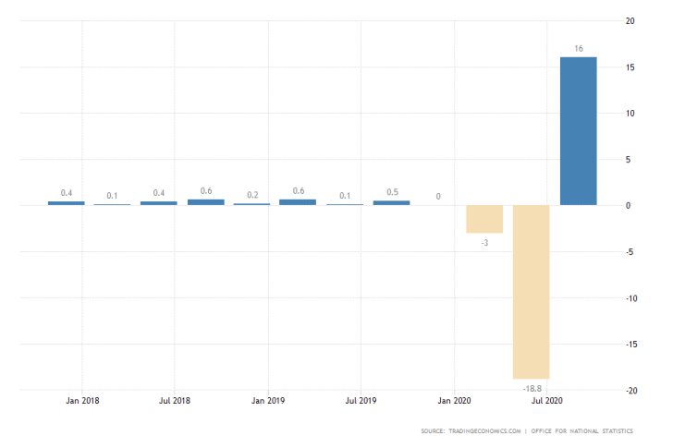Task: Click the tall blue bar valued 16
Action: coord(578,131)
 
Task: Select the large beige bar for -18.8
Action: coord(532,292)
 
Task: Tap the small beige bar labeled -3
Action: coord(484,219)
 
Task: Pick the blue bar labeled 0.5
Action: coord(391,202)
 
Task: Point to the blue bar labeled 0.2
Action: coord(251,203)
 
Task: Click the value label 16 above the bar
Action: coord(578,48)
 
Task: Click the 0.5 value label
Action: coord(391,192)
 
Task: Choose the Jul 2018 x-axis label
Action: coord(175,402)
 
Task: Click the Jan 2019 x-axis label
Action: coord(268,402)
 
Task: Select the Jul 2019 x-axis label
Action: coord(361,402)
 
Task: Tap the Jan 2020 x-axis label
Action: coord(454,402)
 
